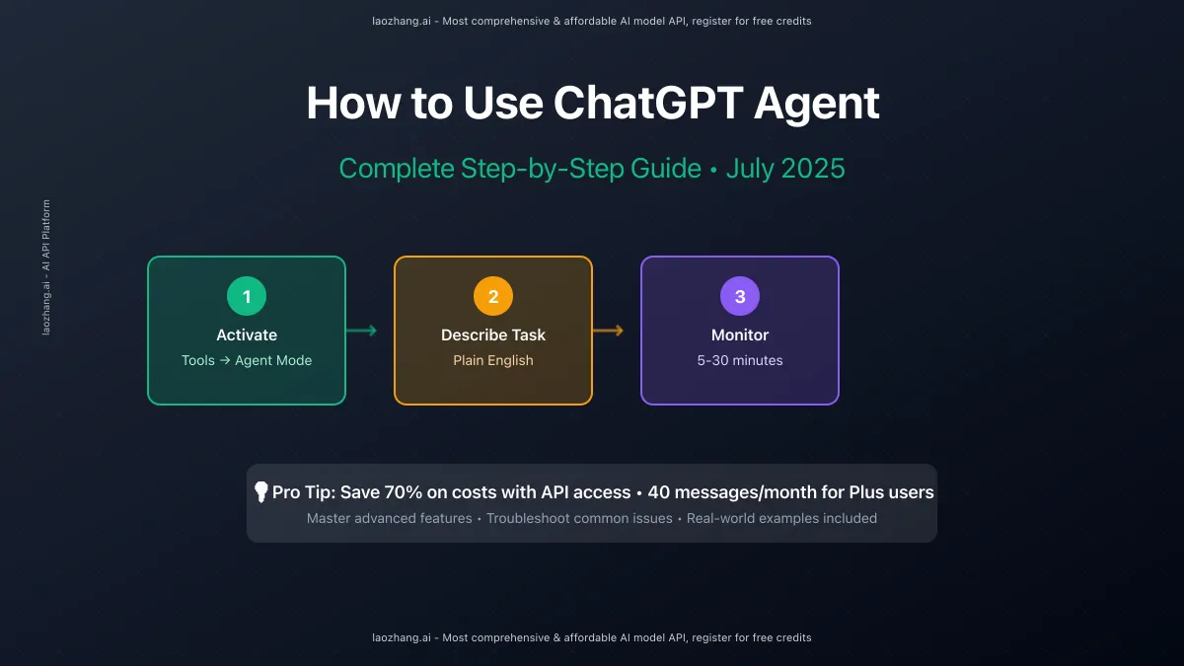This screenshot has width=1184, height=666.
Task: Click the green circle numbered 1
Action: pos(247,296)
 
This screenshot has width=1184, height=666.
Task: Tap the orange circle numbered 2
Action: pos(493,296)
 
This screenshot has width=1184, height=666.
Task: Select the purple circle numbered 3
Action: pos(740,296)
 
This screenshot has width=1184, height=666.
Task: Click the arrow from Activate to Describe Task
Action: pos(361,331)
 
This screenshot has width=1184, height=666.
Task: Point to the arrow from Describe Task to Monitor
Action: pos(609,331)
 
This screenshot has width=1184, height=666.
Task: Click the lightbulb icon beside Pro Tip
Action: pos(261,492)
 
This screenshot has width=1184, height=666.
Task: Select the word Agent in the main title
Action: pos(816,105)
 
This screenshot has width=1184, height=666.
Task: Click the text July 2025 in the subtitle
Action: pos(785,169)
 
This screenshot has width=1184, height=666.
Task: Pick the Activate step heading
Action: pos(247,334)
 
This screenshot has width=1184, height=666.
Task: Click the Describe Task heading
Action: pos(493,334)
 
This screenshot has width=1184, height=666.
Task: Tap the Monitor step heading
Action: pos(740,334)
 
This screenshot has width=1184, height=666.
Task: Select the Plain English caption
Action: pos(493,360)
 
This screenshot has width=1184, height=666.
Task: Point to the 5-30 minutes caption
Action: pos(740,360)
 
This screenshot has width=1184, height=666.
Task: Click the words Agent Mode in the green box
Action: pos(273,360)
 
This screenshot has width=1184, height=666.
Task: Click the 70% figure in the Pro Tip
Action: pos(404,492)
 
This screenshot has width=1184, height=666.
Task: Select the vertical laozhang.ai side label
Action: pos(46,267)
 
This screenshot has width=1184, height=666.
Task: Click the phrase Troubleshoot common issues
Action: pos(579,518)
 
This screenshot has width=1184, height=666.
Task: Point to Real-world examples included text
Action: pos(781,518)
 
